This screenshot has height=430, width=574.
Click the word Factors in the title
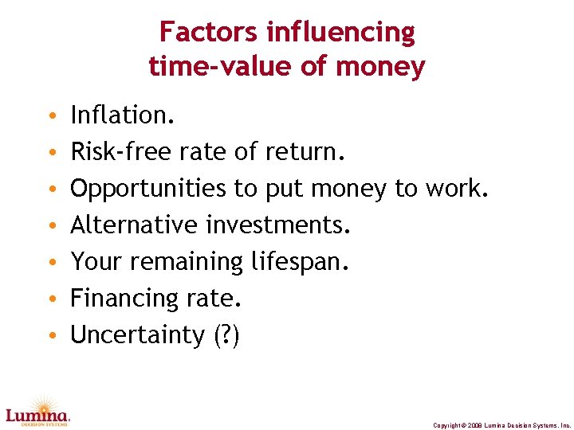click(209, 33)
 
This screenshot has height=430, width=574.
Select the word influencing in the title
click(341, 33)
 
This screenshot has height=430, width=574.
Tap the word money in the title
click(382, 66)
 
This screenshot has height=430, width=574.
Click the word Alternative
click(135, 225)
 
